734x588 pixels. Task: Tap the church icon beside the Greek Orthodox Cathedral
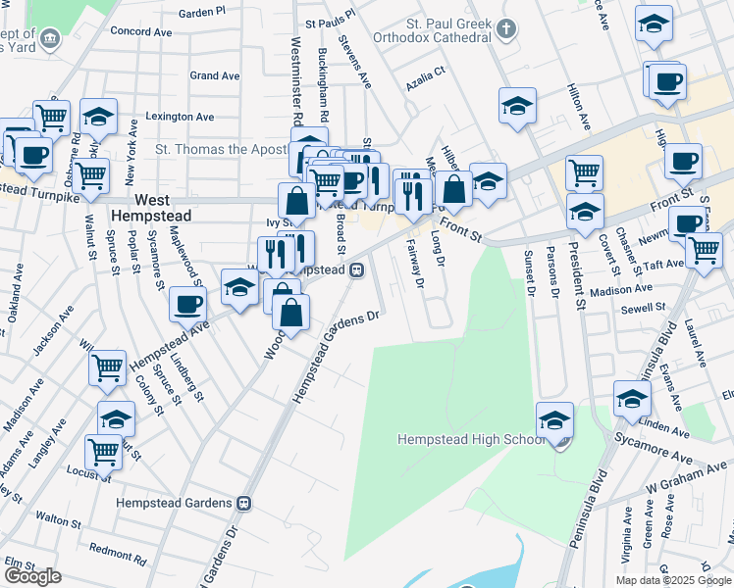(504, 27)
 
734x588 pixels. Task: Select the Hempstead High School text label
(470, 439)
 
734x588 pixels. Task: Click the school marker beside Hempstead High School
(555, 418)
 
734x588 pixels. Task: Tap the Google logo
(32, 576)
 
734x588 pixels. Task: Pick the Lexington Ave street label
(180, 117)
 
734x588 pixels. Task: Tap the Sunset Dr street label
(529, 272)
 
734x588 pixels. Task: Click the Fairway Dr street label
(414, 266)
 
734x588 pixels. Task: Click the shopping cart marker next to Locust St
(103, 453)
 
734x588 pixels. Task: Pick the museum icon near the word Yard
(51, 39)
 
